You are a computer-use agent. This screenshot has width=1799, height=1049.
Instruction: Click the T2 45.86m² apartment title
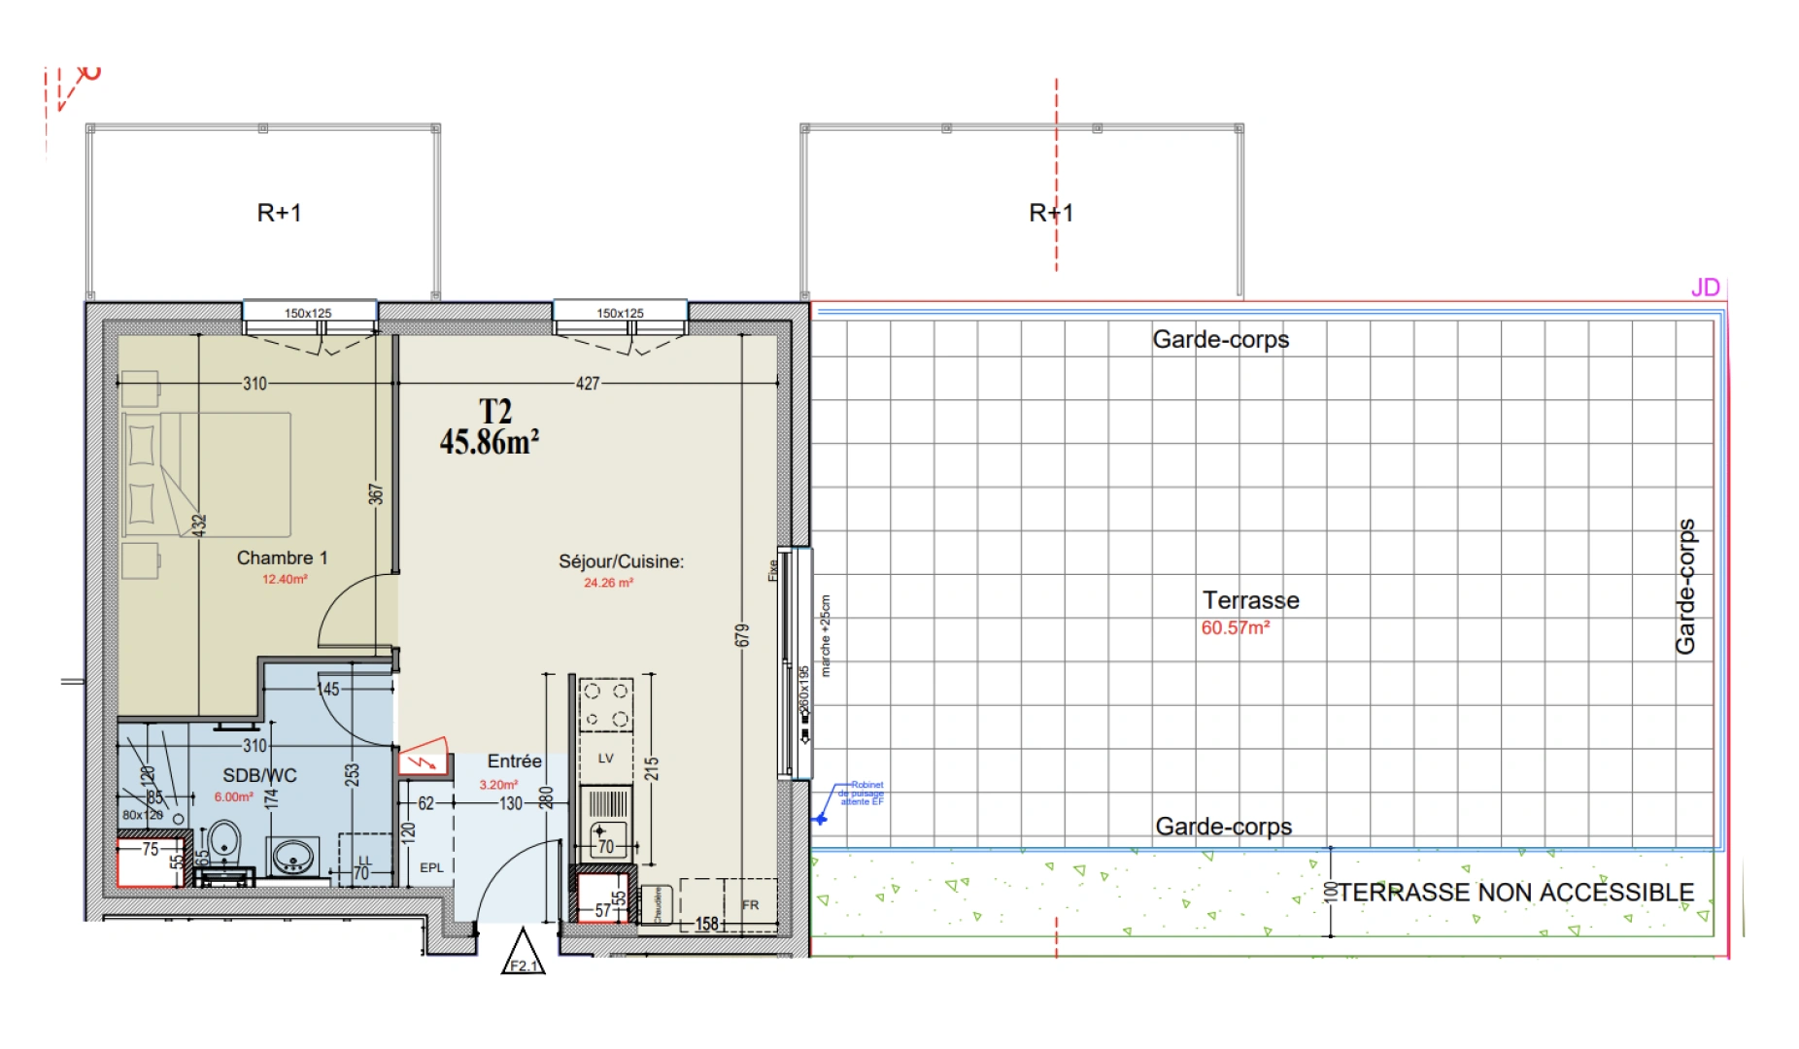[x=490, y=427]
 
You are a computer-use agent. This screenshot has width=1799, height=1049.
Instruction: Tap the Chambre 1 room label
[x=282, y=558]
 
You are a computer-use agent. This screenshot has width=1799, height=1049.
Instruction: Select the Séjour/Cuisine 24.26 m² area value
[x=608, y=583]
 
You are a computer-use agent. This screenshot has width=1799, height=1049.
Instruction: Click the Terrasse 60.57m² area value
[x=1235, y=628]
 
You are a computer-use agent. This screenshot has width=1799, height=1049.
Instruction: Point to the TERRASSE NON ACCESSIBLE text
[x=1515, y=893]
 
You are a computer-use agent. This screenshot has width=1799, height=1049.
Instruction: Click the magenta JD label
[x=1705, y=288]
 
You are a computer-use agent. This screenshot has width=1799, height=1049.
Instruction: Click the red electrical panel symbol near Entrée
[x=424, y=758]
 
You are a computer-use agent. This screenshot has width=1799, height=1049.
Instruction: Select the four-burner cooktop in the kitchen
[x=605, y=704]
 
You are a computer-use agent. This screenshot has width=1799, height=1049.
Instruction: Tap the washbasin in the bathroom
[x=292, y=856]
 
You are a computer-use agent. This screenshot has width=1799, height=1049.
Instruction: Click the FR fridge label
[x=750, y=905]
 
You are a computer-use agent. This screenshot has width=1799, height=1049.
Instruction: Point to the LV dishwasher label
[x=605, y=759]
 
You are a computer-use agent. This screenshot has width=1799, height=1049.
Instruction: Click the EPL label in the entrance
[x=431, y=867]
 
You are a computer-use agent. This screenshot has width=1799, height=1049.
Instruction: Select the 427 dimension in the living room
[x=588, y=384]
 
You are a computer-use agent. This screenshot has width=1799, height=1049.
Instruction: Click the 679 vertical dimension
[x=742, y=636]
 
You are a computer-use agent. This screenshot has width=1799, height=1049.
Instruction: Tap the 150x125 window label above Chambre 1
[x=308, y=313]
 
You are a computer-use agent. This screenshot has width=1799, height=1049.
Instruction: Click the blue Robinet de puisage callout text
[x=863, y=793]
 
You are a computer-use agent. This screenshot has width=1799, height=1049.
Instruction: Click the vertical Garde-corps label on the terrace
[x=1685, y=587]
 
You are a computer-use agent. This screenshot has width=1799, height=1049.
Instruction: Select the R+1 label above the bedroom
[x=279, y=213]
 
